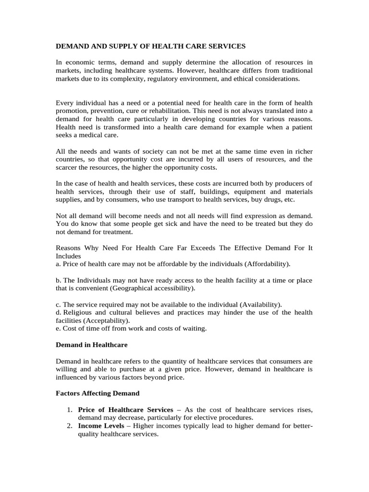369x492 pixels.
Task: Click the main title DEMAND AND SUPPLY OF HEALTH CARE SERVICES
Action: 150,46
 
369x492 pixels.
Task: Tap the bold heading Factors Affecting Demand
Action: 98,393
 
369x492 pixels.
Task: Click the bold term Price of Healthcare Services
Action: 125,409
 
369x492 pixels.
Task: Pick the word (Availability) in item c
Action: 259,305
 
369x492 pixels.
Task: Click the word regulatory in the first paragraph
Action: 164,79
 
